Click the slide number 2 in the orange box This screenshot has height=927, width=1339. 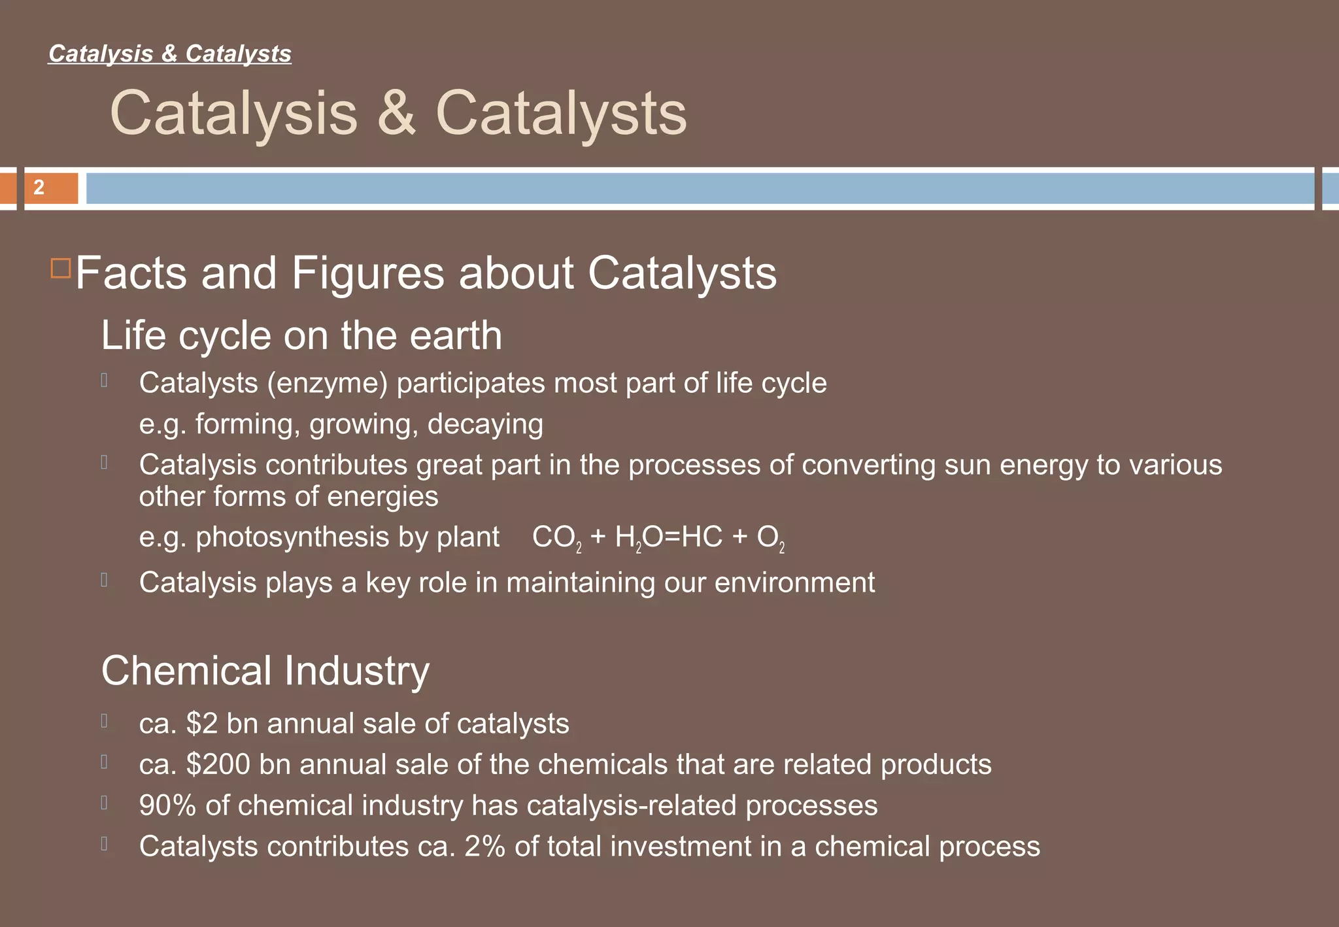(x=39, y=188)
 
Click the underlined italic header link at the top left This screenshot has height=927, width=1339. (x=170, y=54)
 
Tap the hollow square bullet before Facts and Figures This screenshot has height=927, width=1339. (x=60, y=269)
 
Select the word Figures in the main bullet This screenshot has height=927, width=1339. (x=367, y=273)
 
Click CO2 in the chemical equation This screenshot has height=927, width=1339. (x=556, y=538)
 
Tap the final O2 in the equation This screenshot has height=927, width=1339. (x=770, y=538)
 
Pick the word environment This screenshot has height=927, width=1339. (x=794, y=582)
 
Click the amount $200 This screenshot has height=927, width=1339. (x=217, y=764)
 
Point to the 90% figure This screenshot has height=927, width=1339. (x=167, y=805)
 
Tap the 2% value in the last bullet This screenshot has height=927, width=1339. (x=484, y=847)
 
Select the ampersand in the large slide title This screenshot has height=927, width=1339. (x=396, y=113)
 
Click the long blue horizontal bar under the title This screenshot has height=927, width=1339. (x=700, y=188)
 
